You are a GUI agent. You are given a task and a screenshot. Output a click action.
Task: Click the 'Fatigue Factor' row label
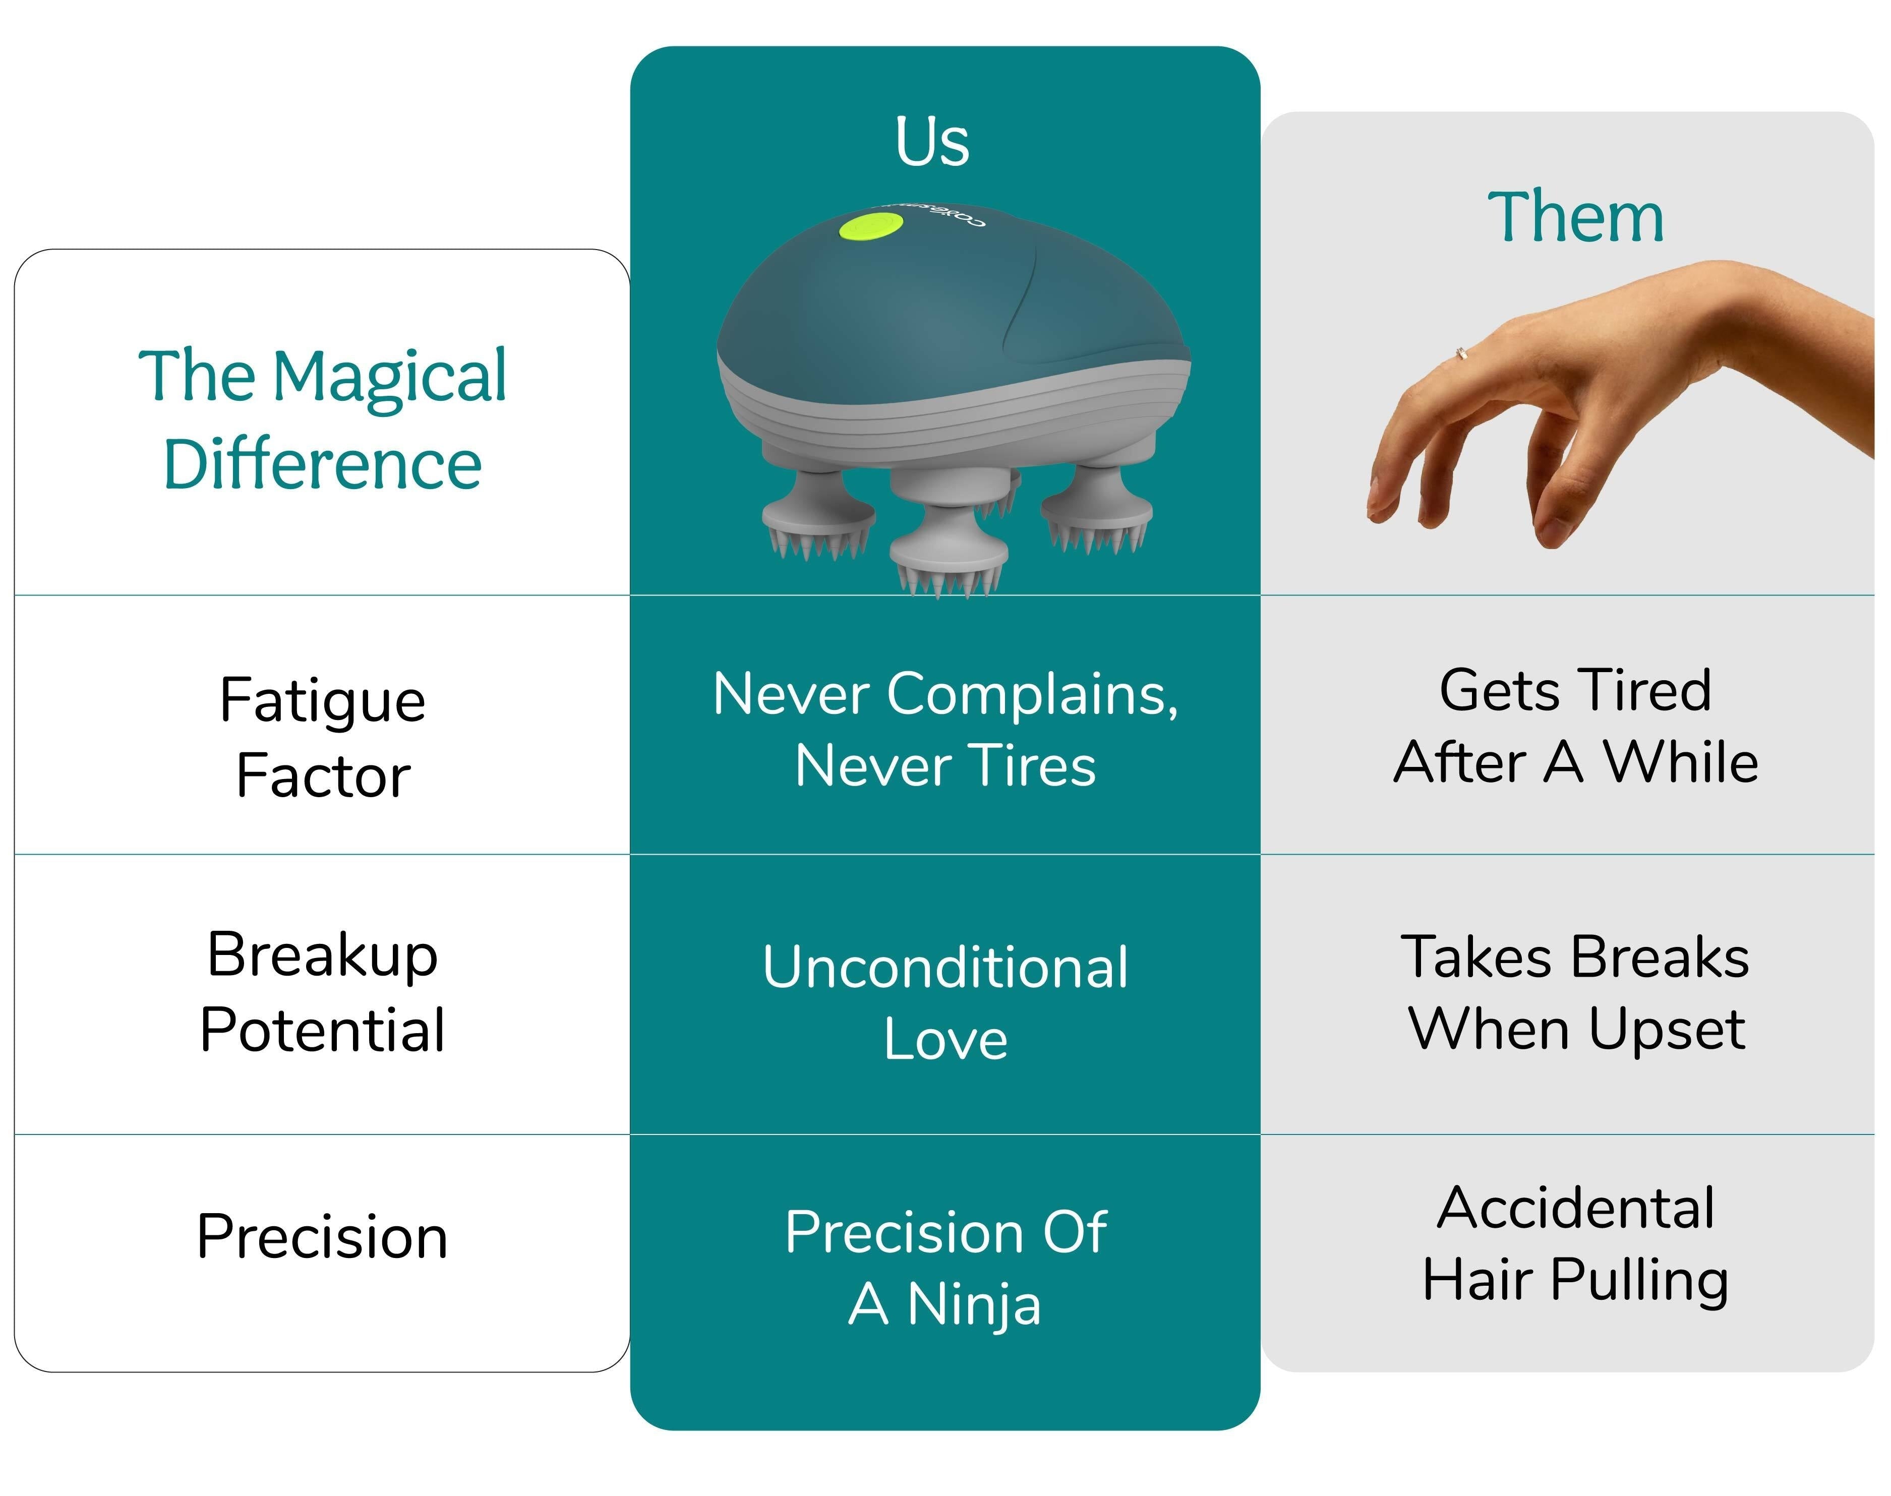(322, 738)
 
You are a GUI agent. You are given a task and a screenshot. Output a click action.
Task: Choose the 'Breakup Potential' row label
(322, 991)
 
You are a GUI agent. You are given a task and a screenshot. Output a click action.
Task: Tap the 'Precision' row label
(322, 1237)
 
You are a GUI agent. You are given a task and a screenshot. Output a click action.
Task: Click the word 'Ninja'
(974, 1305)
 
